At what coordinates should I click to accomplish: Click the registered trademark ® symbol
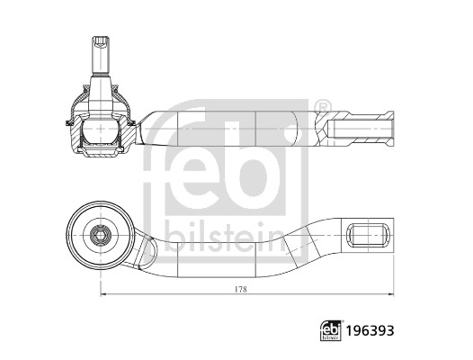[x=325, y=105]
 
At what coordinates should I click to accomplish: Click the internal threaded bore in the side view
[x=360, y=129]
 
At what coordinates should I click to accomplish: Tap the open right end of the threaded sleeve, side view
[x=392, y=129]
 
